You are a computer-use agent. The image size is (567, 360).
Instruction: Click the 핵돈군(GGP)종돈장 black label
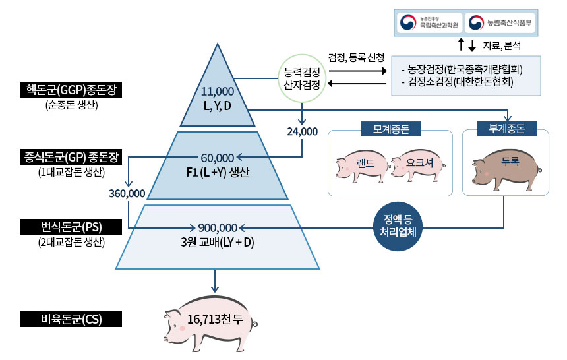[x=71, y=89]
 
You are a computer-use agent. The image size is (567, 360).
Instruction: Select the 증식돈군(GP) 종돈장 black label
[x=71, y=158]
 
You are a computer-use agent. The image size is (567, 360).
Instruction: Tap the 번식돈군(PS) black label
[x=71, y=227]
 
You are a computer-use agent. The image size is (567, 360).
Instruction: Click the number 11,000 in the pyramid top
[x=217, y=91]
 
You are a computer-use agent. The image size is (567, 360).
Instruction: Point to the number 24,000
[x=302, y=131]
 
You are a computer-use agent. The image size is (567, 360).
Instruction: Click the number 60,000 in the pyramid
[x=217, y=158]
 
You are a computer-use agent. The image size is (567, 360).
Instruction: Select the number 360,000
[x=127, y=193]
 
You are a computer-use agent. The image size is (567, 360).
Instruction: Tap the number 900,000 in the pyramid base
[x=217, y=227]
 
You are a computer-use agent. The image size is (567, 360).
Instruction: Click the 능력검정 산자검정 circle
[x=302, y=78]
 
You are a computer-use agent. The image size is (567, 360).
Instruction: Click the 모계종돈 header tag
[x=390, y=129]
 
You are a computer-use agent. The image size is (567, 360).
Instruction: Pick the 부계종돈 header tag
[x=508, y=129]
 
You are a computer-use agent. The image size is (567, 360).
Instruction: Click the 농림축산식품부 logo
[x=500, y=23]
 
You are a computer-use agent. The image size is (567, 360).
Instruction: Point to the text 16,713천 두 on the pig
[x=215, y=321]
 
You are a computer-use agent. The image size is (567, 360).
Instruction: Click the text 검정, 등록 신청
[x=356, y=58]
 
